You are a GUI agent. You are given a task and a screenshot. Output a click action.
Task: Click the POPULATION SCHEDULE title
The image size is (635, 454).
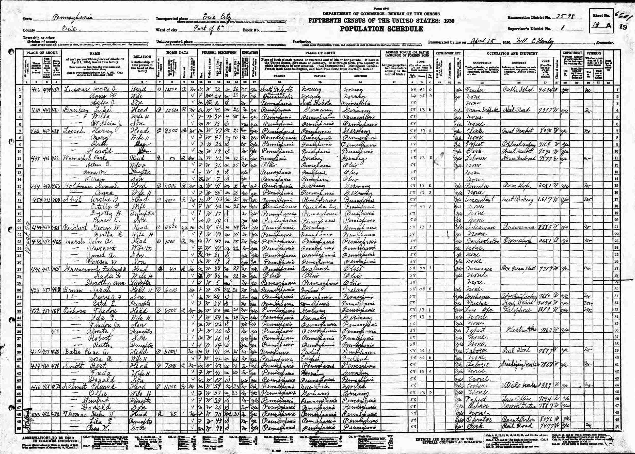[382, 29]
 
